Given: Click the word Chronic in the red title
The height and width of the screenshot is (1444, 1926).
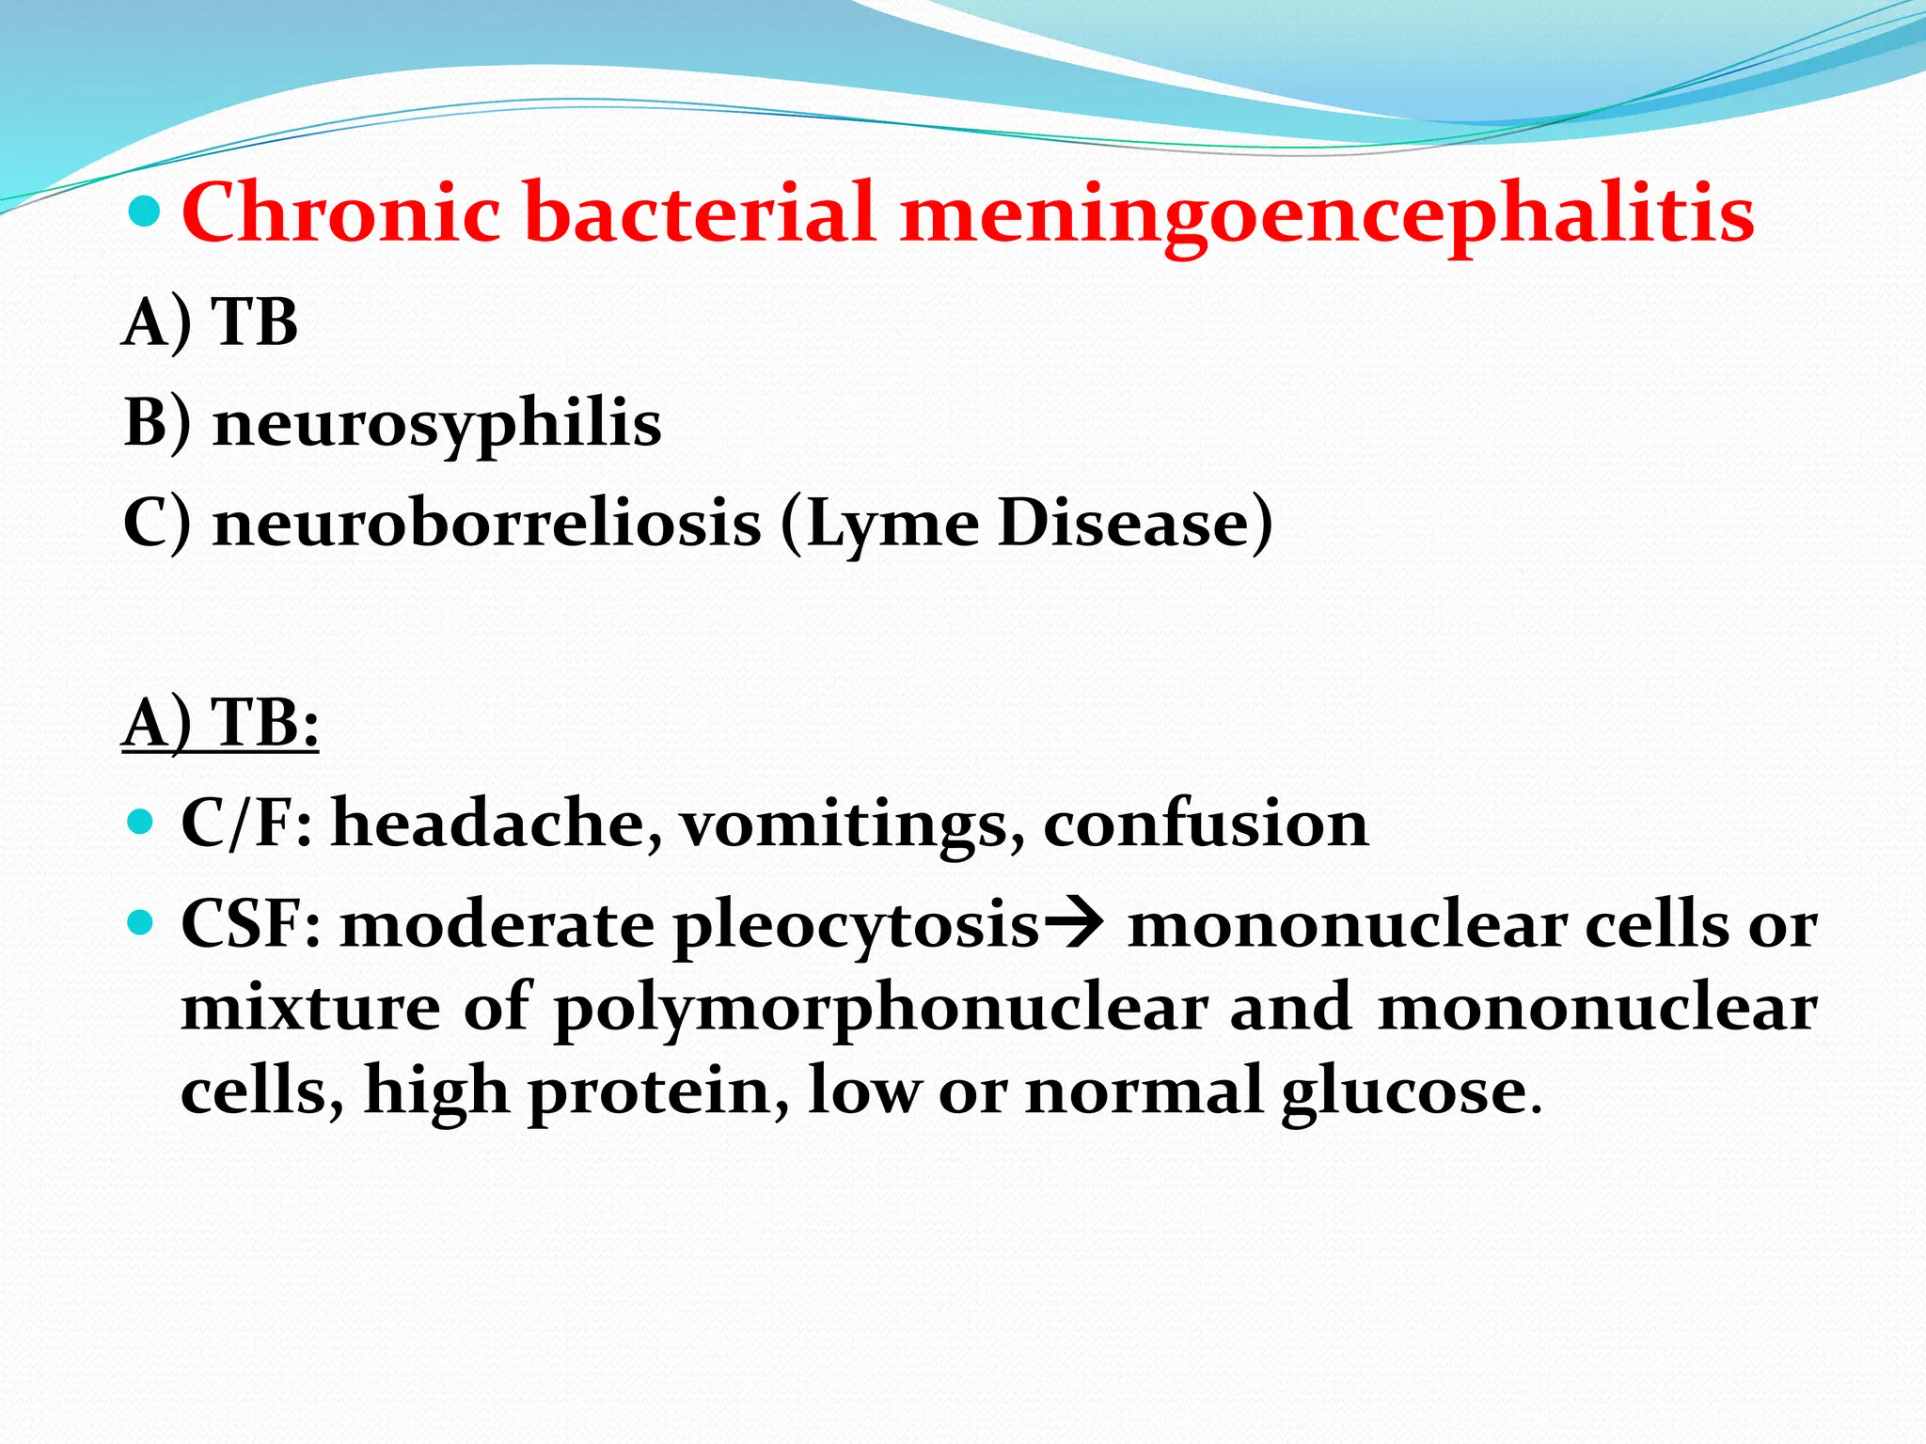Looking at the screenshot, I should click(340, 213).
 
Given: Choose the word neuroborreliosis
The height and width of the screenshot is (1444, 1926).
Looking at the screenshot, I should click(487, 523).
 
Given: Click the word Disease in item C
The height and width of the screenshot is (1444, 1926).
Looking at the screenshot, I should click(1125, 523).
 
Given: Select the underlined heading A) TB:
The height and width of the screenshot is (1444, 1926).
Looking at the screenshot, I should click(220, 723).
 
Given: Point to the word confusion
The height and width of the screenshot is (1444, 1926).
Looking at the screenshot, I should click(1206, 824).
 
